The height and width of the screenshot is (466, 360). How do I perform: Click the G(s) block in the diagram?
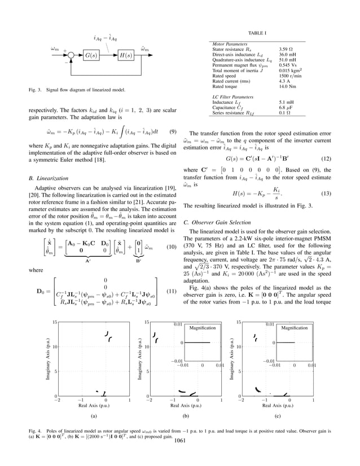pos(90,55)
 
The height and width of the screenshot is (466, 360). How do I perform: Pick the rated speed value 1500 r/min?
pos(292,76)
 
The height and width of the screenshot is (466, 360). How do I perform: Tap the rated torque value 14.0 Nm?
pos(289,86)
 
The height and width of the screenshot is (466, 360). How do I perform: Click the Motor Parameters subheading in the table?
pos(229,43)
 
